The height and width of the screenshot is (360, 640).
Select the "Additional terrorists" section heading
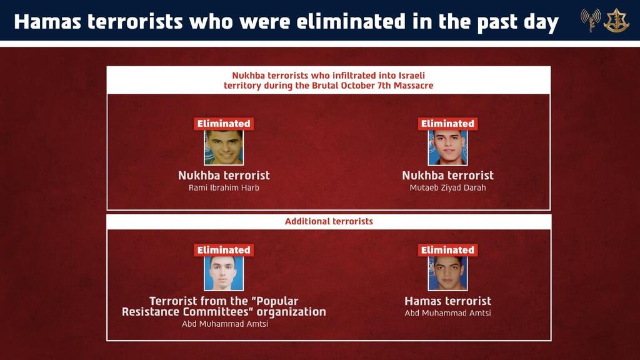pyautogui.click(x=329, y=221)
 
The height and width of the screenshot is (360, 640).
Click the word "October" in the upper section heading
pyautogui.click(x=351, y=85)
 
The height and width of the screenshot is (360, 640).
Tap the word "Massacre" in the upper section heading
pyautogui.click(x=410, y=85)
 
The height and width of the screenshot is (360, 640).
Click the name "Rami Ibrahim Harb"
pyautogui.click(x=224, y=188)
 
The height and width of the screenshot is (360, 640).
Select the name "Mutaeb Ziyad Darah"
pyautogui.click(x=447, y=188)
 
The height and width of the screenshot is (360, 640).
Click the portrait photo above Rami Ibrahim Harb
pyautogui.click(x=224, y=147)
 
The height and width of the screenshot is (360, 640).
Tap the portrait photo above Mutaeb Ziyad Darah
pyautogui.click(x=447, y=147)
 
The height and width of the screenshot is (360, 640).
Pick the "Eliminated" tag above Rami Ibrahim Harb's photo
pyautogui.click(x=224, y=124)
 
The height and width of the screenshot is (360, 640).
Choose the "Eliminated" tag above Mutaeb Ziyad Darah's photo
pyautogui.click(x=447, y=124)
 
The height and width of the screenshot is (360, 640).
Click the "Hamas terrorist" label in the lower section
pyautogui.click(x=447, y=301)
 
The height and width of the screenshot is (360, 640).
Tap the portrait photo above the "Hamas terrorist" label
pyautogui.click(x=447, y=273)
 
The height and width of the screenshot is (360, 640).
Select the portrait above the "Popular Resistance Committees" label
pyautogui.click(x=224, y=273)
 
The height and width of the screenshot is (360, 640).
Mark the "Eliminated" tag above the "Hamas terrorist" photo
pyautogui.click(x=447, y=250)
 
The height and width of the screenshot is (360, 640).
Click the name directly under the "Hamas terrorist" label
pyautogui.click(x=447, y=313)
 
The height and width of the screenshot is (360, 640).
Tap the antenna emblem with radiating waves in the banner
pyautogui.click(x=590, y=20)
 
